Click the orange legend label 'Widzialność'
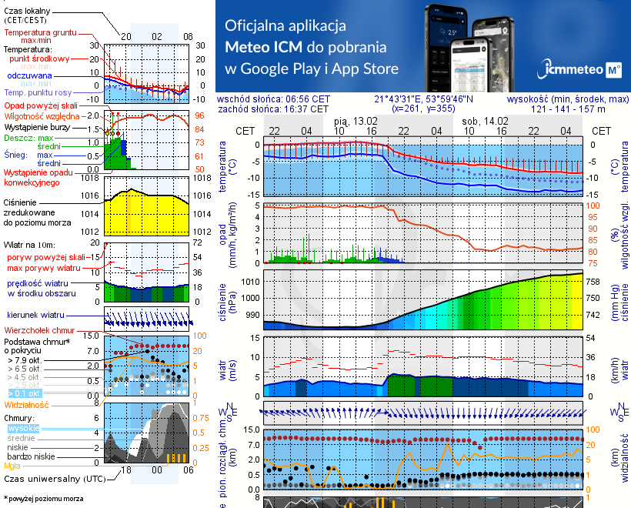(27, 404)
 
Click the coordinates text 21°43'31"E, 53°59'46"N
(424, 99)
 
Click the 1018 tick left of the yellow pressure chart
(90, 178)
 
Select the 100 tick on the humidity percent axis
(593, 206)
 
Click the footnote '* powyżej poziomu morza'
(43, 499)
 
